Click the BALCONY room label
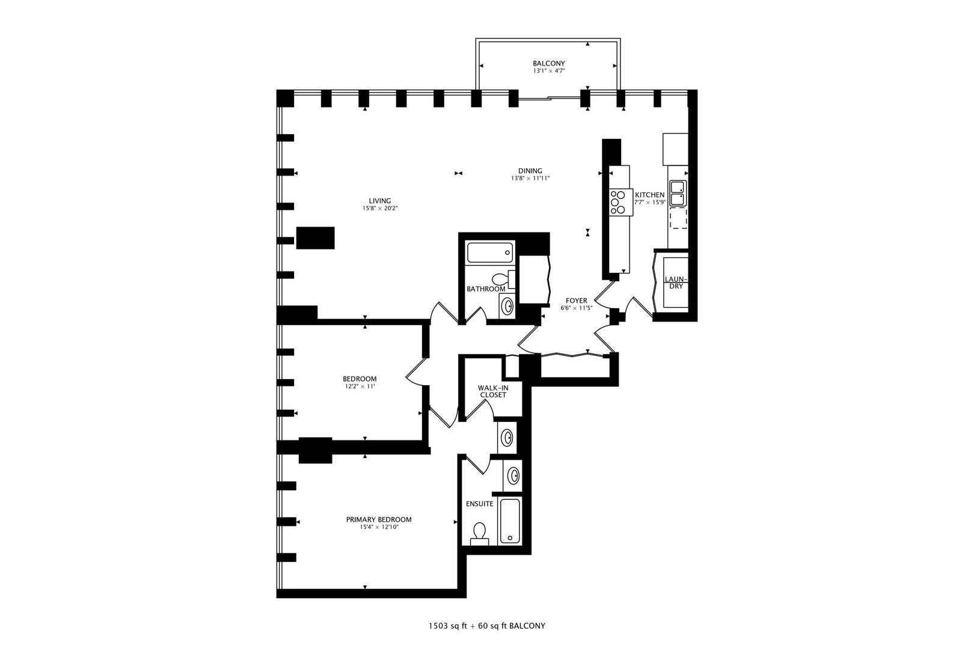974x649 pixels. [548, 63]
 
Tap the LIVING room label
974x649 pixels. [380, 201]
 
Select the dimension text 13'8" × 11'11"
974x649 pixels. [530, 178]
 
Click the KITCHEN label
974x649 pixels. [650, 195]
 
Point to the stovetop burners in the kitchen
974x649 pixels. [617, 203]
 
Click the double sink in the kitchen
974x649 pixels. [677, 193]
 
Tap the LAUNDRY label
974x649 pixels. [676, 283]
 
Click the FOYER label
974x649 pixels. [576, 300]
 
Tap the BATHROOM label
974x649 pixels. [486, 289]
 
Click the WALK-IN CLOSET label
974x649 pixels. [492, 391]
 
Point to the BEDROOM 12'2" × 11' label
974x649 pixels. [360, 382]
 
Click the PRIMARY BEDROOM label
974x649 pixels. [379, 520]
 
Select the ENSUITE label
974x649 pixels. [480, 504]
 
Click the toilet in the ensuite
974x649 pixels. [479, 532]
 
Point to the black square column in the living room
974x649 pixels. [316, 237]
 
